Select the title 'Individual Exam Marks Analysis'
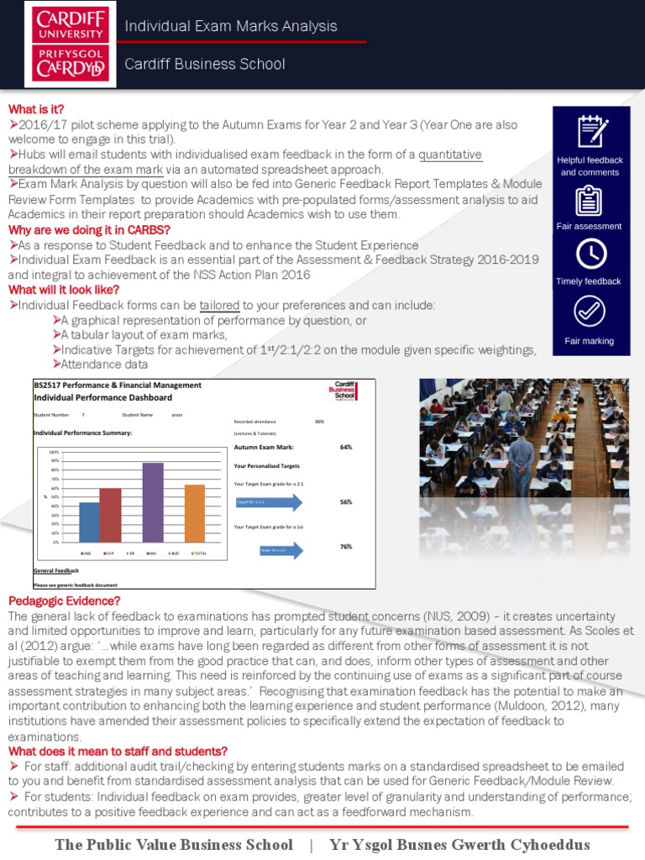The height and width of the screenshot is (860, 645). point(231,26)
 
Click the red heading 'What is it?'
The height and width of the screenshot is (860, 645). point(36,109)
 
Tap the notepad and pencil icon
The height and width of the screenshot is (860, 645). point(590,132)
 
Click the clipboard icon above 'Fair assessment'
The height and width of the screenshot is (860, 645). point(590,200)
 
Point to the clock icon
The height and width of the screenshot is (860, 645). point(590,254)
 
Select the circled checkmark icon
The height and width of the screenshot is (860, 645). point(590,312)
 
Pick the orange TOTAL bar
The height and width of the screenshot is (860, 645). point(195,513)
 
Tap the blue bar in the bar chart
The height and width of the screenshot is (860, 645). point(89,522)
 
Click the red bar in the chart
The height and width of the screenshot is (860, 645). point(111,515)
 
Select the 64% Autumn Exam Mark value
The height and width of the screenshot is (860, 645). point(345,448)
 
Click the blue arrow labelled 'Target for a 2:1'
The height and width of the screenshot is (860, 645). point(270,502)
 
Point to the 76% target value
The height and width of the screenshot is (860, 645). point(345,547)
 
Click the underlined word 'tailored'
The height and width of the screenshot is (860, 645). point(219,305)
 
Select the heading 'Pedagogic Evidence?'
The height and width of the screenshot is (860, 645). point(65,600)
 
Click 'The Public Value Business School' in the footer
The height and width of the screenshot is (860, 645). point(174,845)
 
